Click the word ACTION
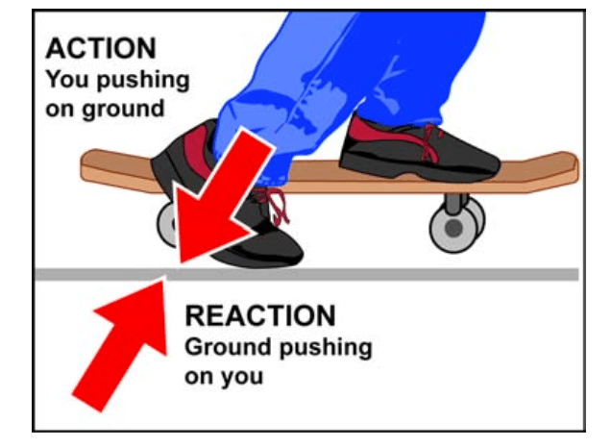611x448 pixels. (101, 48)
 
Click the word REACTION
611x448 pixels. (260, 315)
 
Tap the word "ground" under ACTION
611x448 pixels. (123, 110)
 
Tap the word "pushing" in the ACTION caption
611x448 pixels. (143, 81)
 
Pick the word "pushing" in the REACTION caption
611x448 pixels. (326, 348)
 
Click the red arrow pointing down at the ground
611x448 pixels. (218, 195)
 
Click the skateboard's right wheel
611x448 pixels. (454, 228)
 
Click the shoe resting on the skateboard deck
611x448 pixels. (419, 150)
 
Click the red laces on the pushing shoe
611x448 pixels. (275, 205)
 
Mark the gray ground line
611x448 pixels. (306, 275)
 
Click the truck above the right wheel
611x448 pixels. (455, 204)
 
